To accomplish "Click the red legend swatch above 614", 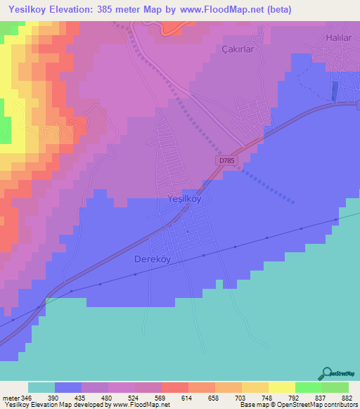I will pyautogui.click(x=174, y=387).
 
